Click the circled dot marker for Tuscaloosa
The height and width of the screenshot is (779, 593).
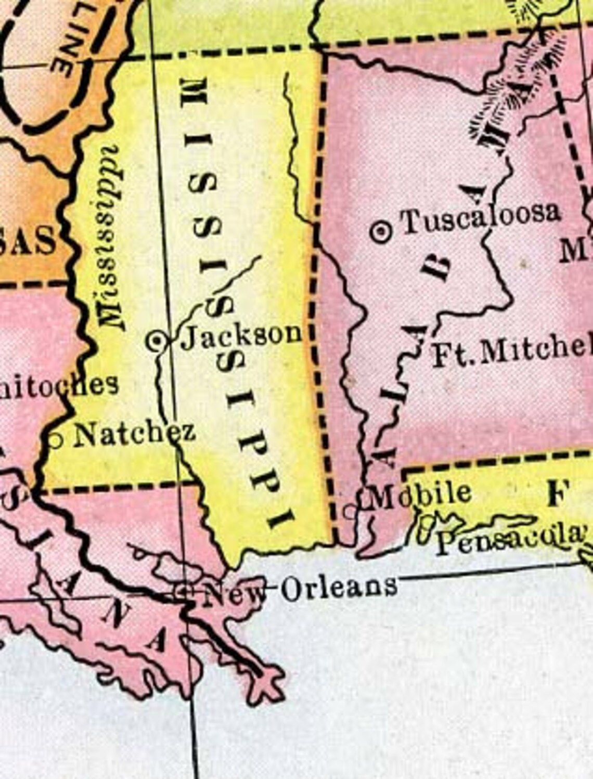coord(382,231)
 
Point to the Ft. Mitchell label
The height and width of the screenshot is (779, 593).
coord(512,354)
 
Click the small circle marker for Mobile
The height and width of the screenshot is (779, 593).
coord(351,511)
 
